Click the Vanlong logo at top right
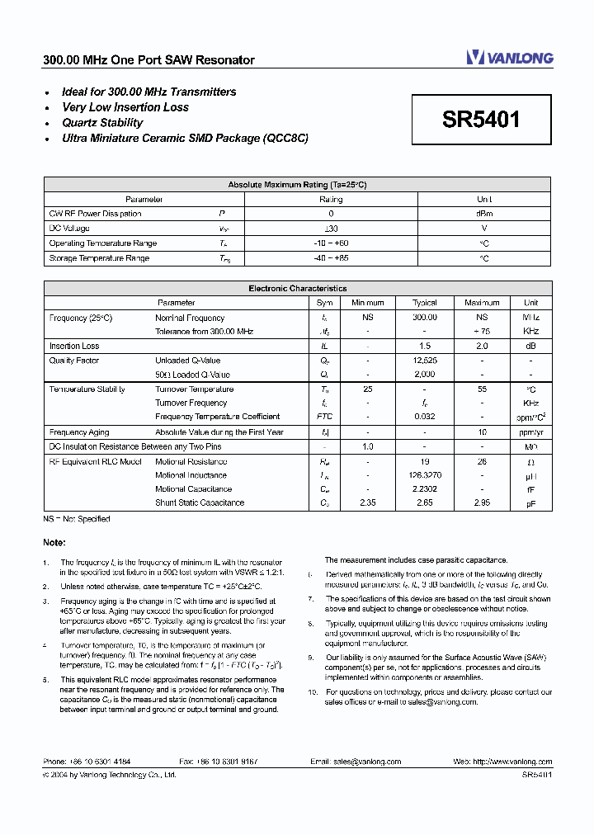509,57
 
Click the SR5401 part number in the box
481,120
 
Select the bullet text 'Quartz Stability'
102,123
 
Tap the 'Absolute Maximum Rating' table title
297,185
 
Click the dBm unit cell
484,214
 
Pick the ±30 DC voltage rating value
331,229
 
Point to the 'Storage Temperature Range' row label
99,258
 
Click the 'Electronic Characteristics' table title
297,289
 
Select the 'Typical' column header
424,303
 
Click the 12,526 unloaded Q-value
424,361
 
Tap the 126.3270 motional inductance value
424,475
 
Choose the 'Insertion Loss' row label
74,347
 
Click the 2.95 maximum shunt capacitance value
482,502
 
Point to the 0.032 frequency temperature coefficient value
424,417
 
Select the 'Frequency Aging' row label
79,432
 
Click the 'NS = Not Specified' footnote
77,519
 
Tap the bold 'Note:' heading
54,542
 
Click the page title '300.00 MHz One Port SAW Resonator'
148,60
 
